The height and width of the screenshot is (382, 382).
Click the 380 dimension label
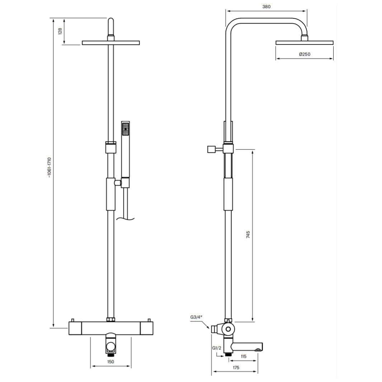(266, 7)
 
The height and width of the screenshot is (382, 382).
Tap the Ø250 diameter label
(305, 54)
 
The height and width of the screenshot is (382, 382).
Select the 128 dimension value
(60, 31)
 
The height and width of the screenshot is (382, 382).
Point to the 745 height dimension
(248, 234)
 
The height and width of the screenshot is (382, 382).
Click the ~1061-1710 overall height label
(49, 168)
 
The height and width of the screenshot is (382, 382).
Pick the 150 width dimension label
(110, 362)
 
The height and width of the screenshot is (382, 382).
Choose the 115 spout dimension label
(244, 356)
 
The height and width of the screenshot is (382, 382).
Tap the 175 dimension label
(236, 367)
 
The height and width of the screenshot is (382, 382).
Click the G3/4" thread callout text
(196, 317)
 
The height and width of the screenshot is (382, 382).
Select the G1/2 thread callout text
(217, 348)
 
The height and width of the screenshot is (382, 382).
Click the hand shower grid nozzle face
(126, 129)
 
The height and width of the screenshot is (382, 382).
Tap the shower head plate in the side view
(304, 43)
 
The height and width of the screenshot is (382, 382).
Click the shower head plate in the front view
(111, 43)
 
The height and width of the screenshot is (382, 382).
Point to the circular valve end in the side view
(228, 329)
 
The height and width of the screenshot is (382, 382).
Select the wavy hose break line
(125, 218)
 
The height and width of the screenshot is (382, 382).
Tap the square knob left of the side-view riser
(211, 149)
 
